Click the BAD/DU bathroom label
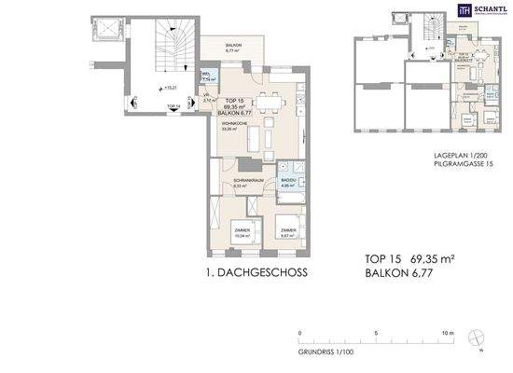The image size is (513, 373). tap(287, 182)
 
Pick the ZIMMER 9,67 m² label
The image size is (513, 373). tap(286, 233)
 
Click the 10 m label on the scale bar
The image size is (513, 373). tap(449, 333)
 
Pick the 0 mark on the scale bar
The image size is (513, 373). tap(300, 333)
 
